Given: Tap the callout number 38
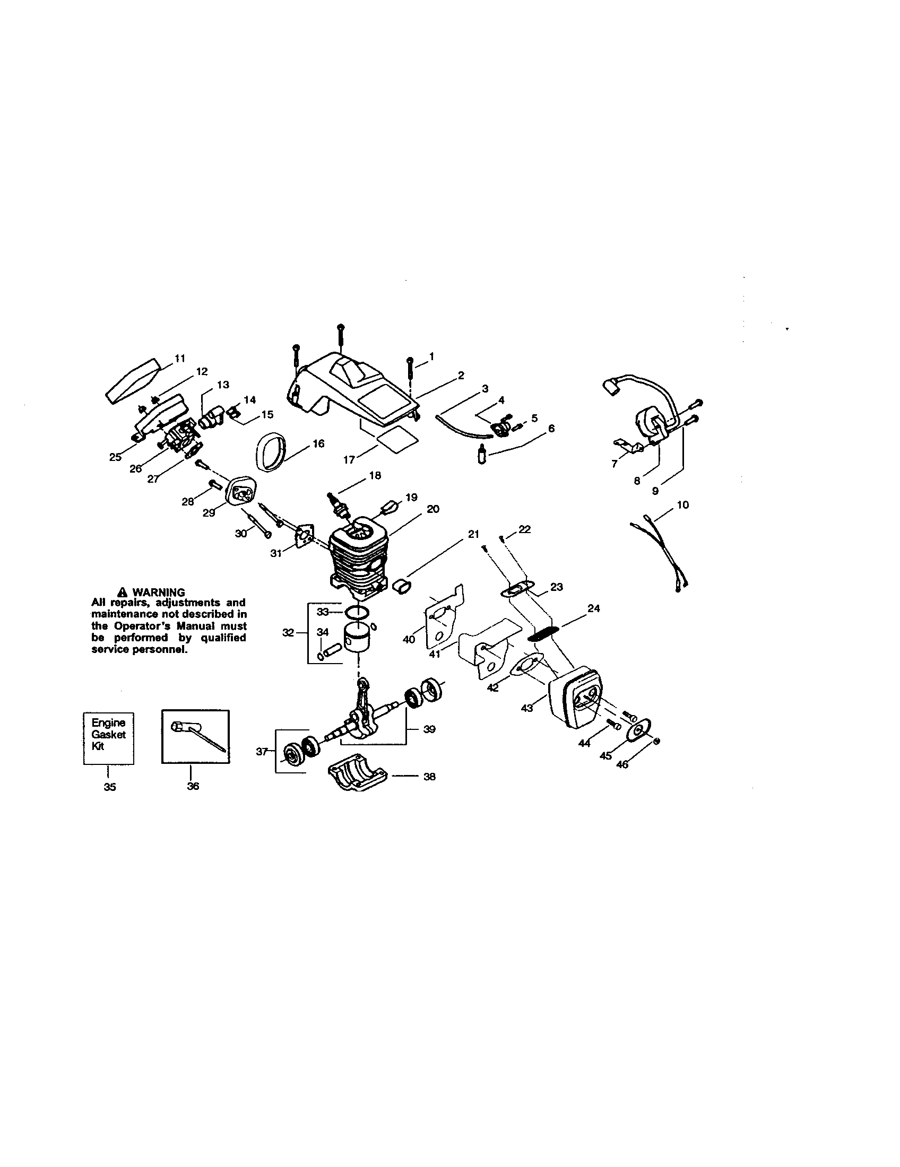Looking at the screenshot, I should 429,777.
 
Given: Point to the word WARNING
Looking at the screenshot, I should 158,592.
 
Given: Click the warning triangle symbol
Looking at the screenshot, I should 123,592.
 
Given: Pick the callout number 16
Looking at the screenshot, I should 318,443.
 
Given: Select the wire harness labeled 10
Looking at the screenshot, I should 659,551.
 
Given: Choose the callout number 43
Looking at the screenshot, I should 527,708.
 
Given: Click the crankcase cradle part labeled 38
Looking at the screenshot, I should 357,777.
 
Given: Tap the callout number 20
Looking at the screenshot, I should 433,509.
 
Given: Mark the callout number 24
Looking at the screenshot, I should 593,608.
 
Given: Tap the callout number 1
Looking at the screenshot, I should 431,356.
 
